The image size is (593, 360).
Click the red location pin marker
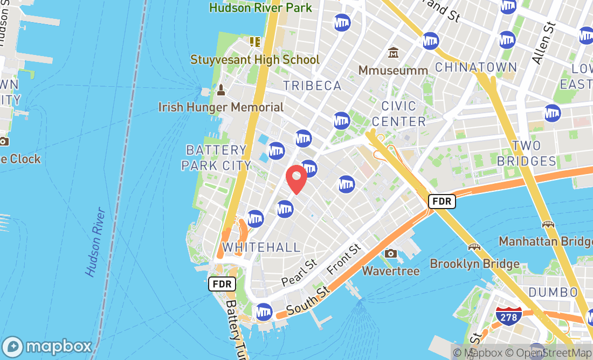pos(296,179)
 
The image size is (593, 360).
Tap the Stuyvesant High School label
pos(255,59)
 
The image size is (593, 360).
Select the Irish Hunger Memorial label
pos(221,107)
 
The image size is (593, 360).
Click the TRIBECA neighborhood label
pos(312,86)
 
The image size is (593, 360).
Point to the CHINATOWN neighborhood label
pos(475,67)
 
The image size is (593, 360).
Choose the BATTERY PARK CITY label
pos(216,157)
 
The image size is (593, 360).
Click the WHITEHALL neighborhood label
pos(261,247)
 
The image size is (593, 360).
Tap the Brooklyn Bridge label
pos(474,264)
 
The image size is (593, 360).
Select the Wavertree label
pos(391,271)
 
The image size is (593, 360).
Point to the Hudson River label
pos(95,242)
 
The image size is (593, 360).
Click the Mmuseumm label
pos(394,70)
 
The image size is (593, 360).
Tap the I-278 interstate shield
pos(509,316)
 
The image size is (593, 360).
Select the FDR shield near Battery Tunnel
pos(222,284)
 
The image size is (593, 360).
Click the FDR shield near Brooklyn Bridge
pos(442,202)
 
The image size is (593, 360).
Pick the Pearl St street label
pos(299,274)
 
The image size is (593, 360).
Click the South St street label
pos(308,302)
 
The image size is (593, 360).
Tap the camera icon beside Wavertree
pos(391,253)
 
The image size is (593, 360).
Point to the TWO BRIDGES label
pos(526,153)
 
